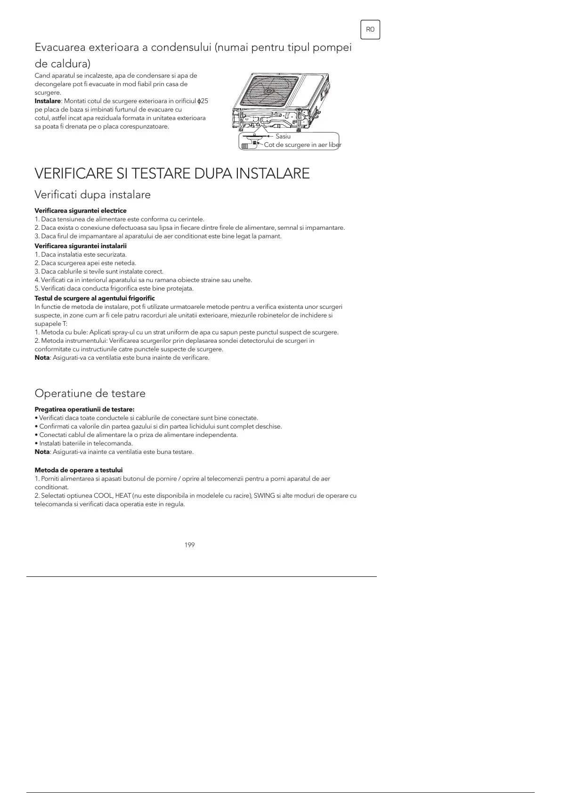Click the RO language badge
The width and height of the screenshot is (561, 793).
tap(370, 30)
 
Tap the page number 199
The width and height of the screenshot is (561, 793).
tap(190, 545)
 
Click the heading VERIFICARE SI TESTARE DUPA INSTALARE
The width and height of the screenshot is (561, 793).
tap(172, 174)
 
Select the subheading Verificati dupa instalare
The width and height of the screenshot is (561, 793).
tap(93, 194)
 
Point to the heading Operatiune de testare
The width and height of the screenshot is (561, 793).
tap(90, 393)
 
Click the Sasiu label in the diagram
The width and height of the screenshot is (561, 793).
tap(283, 136)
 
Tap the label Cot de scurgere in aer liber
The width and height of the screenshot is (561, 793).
tap(302, 145)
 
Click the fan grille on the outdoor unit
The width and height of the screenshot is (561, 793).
tap(269, 91)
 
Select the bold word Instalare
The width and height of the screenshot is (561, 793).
tap(48, 101)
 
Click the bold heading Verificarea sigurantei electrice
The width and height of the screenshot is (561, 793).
tap(81, 210)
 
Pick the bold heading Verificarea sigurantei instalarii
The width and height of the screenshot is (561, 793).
tap(81, 246)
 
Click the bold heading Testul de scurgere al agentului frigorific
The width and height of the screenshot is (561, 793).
tap(95, 298)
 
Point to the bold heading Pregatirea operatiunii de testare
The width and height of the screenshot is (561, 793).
tap(85, 409)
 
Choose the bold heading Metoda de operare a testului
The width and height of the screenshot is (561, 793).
tap(79, 470)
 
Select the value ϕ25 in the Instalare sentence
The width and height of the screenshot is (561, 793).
tap(203, 101)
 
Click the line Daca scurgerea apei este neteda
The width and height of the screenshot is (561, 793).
tap(85, 263)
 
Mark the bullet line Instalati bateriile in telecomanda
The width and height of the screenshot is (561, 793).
tap(84, 443)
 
